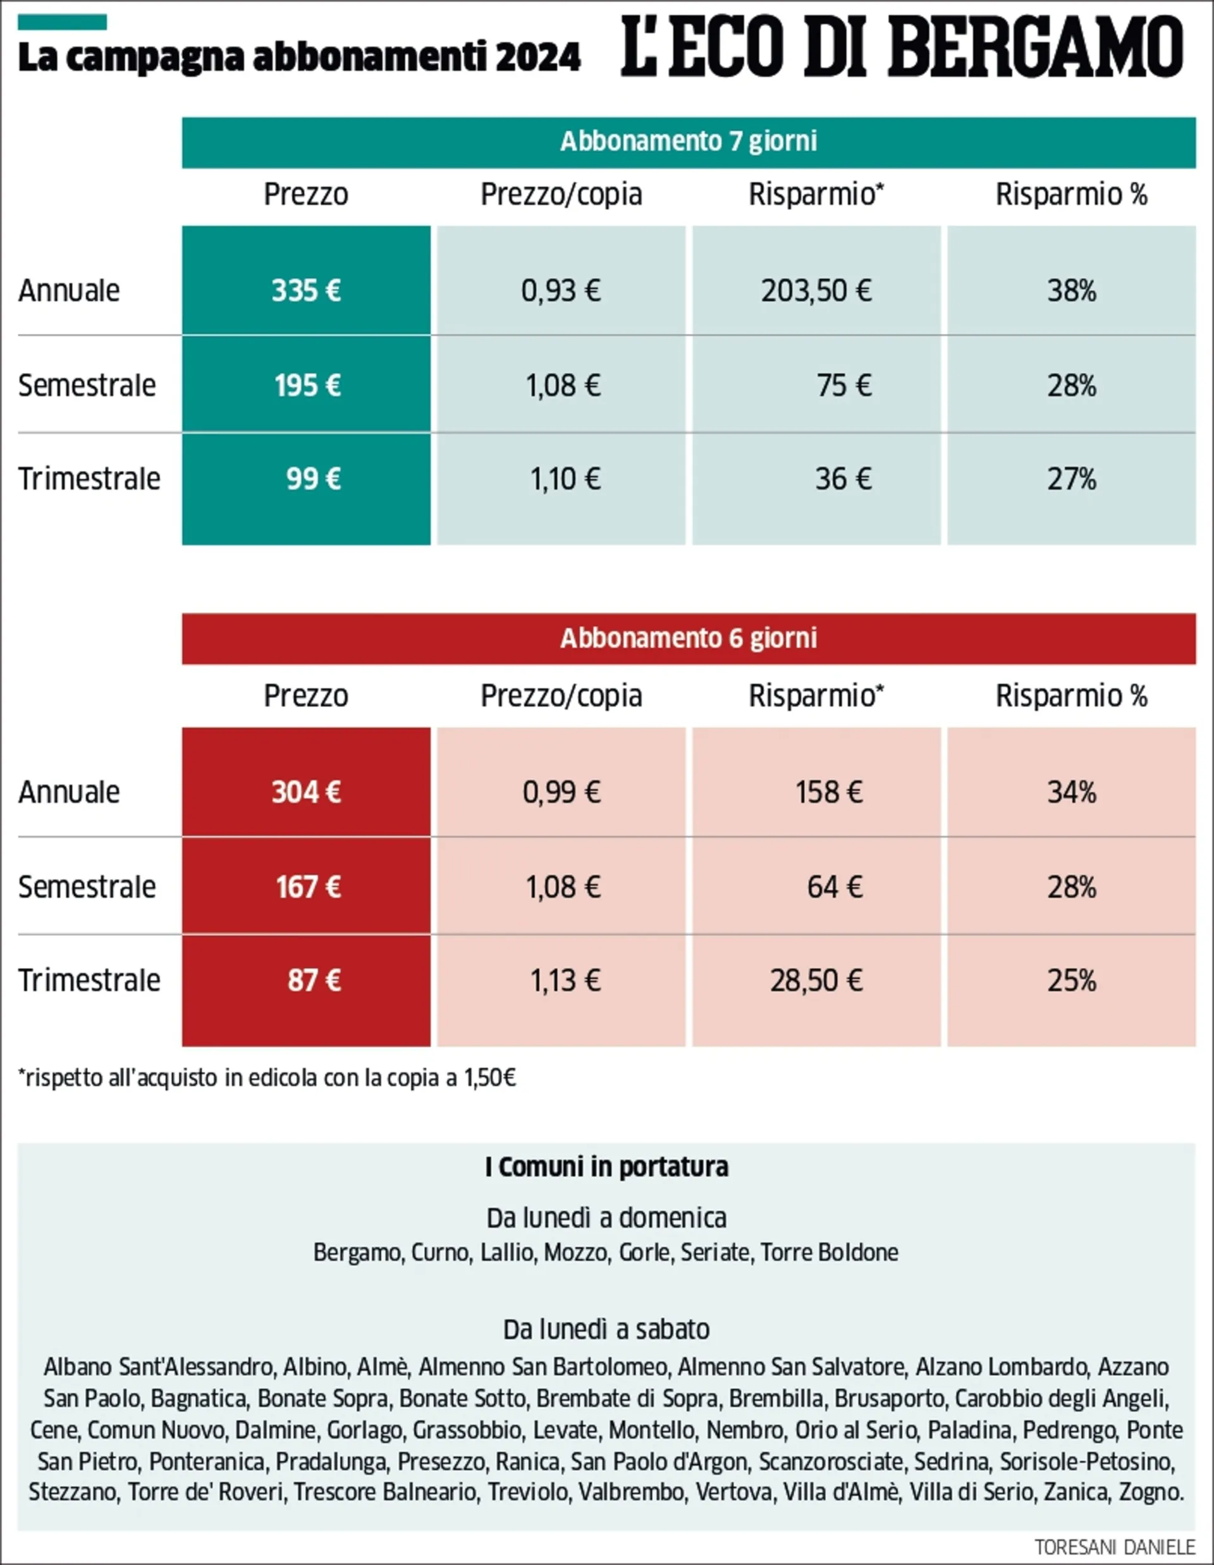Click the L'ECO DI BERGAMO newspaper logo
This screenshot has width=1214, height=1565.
click(902, 48)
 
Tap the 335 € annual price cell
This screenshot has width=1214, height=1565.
click(306, 291)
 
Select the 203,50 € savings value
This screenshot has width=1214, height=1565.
click(816, 291)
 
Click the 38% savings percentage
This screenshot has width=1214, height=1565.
click(1071, 291)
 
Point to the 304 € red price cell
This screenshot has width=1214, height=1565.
click(306, 792)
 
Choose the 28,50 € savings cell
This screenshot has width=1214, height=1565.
click(816, 980)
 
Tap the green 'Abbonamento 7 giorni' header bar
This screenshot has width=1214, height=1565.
click(688, 142)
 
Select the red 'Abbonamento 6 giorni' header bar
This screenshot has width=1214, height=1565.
click(688, 639)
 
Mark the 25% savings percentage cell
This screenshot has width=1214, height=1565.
click(1071, 980)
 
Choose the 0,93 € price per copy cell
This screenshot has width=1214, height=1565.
click(561, 291)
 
